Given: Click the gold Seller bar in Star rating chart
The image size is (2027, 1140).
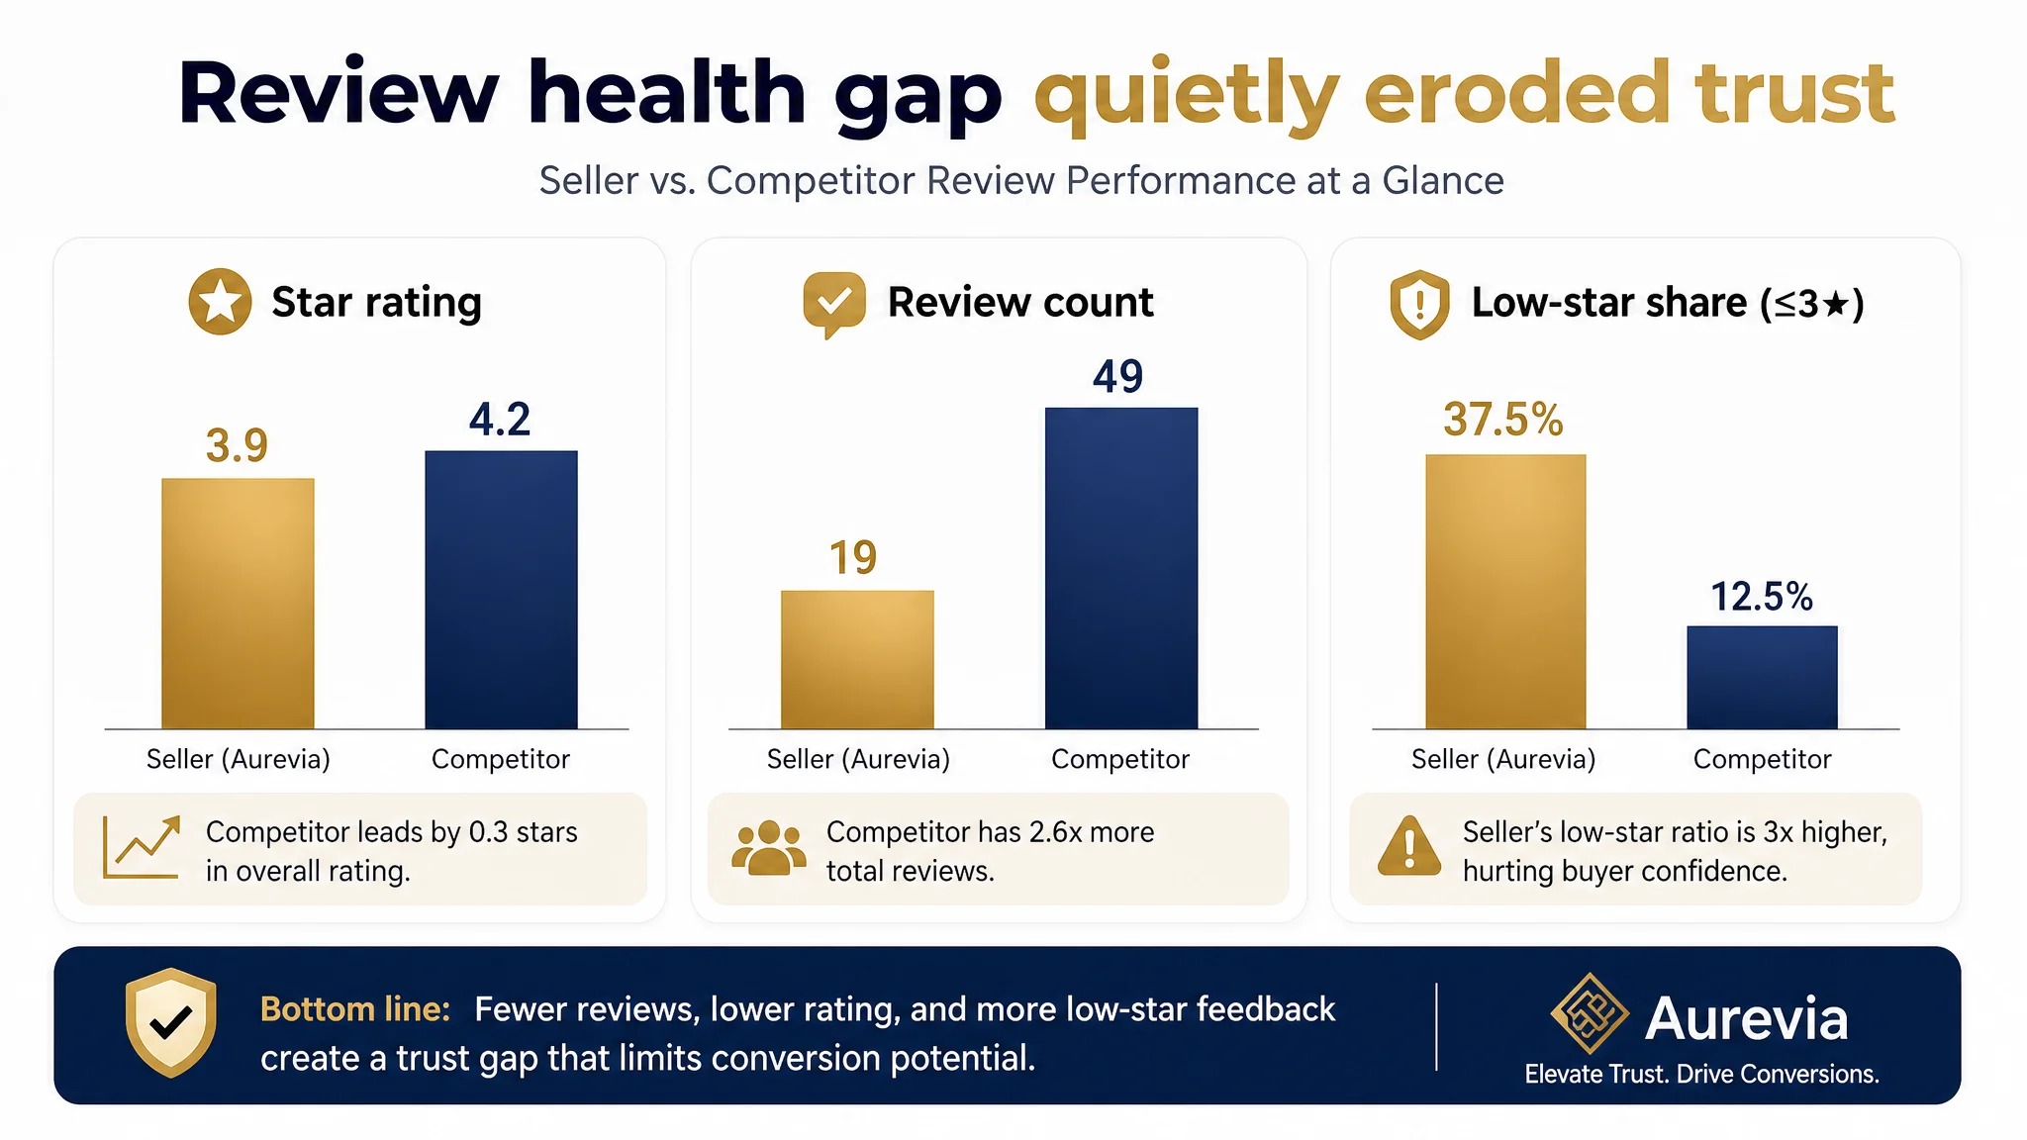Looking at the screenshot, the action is point(238,604).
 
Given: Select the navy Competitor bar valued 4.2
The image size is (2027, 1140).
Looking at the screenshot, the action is point(501,590).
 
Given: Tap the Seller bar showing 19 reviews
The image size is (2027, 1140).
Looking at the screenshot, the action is point(857,660).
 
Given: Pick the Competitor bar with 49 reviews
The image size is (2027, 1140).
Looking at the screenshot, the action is point(1121,568).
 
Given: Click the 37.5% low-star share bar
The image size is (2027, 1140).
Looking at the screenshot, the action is point(1505,592).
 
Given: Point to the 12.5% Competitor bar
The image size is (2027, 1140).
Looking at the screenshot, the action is point(1762,678).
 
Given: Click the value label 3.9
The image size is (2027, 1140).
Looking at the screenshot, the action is point(237,445).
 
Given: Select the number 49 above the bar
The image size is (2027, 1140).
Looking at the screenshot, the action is point(1118,376).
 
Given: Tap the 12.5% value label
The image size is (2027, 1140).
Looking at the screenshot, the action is point(1762,597).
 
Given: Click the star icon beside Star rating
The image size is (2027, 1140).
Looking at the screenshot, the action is point(220,302).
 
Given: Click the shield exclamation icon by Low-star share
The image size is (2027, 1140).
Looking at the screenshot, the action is point(1419,305).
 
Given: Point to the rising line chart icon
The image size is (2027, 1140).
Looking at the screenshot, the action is point(142,847).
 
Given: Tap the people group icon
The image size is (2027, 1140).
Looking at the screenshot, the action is point(769,848).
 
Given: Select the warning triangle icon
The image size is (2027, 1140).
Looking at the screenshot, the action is point(1409,846).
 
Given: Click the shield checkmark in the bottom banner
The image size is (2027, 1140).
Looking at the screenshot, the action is point(171,1022).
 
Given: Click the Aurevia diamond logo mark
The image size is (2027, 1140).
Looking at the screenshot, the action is point(1590,1013).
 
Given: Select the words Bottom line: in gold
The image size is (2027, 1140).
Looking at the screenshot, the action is point(355,1009).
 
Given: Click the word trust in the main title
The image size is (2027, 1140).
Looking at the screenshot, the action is point(1793,92).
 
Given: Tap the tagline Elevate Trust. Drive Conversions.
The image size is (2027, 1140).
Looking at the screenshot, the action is point(1701,1075).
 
